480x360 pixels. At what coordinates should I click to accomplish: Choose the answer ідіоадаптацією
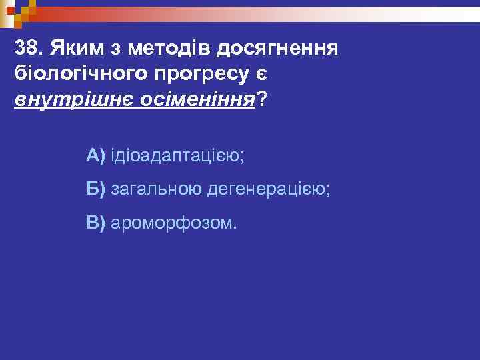pyautogui.click(x=174, y=157)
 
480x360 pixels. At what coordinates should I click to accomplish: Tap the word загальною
pyautogui.click(x=155, y=189)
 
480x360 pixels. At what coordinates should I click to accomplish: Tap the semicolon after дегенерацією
pyautogui.click(x=327, y=192)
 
